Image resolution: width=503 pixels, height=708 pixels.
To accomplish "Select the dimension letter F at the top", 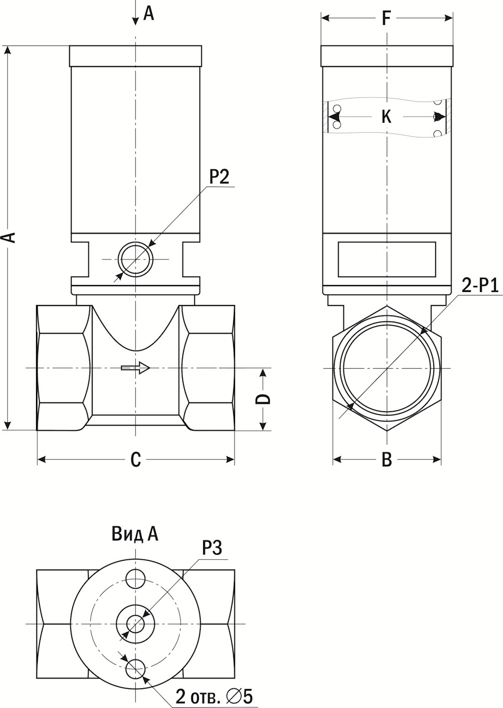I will tap(386, 18).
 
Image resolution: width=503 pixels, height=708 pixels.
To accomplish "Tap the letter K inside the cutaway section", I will tap(386, 117).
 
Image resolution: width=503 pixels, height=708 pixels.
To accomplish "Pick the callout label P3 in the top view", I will tap(211, 548).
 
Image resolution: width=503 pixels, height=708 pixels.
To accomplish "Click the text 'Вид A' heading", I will tap(135, 535).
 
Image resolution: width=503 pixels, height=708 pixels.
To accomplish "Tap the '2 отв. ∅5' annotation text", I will tap(213, 697).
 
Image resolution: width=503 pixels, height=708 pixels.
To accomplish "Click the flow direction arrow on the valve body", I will tap(135, 368).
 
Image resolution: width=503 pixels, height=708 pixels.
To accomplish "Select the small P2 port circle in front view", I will tap(136, 259).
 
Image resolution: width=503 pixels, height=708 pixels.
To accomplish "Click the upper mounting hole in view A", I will tap(136, 578).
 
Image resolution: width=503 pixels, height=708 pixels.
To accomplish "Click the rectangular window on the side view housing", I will tap(387, 259).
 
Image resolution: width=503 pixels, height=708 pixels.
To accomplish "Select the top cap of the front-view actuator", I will tap(136, 56).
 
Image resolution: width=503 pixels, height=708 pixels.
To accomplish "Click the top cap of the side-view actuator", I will tap(387, 56).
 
